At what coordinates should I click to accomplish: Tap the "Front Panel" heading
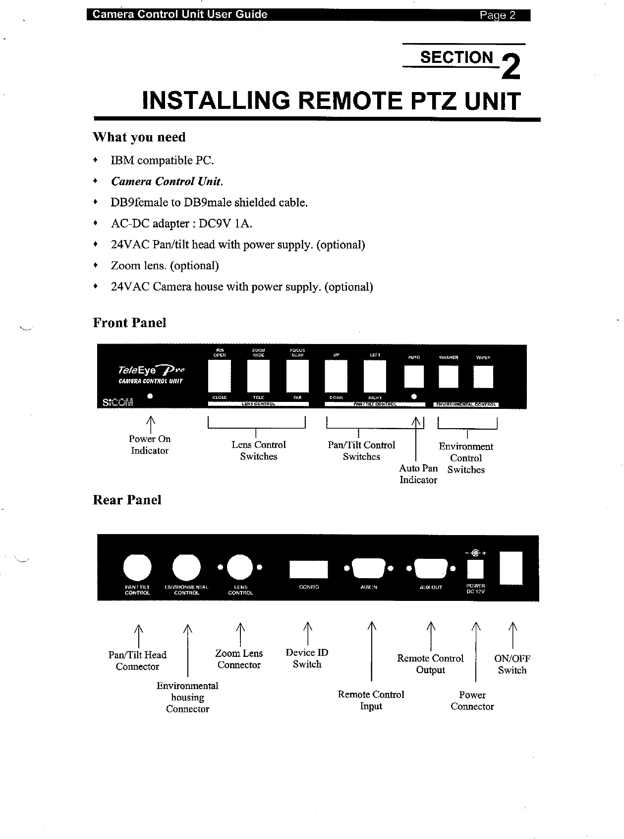click(129, 323)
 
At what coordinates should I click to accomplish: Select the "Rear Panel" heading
click(127, 500)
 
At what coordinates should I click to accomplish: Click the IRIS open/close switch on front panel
click(220, 376)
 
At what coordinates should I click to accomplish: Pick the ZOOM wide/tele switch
click(258, 376)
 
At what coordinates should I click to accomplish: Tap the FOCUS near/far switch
click(297, 376)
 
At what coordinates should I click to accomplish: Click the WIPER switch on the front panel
click(483, 377)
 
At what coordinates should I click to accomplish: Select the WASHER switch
click(449, 377)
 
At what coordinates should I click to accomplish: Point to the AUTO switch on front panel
click(414, 377)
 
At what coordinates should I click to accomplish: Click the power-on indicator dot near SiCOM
click(149, 396)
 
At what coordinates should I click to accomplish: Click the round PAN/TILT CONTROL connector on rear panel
click(137, 567)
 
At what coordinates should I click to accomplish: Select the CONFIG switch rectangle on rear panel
click(308, 569)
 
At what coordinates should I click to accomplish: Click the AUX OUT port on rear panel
click(430, 568)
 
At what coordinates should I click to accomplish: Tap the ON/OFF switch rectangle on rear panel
click(511, 568)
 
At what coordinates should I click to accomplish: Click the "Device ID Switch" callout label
click(307, 658)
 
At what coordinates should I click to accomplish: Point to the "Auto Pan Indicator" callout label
click(418, 474)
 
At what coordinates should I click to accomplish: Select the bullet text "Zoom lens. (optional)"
click(165, 266)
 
